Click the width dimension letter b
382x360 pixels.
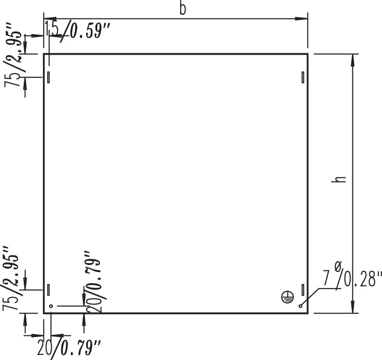coord(182,9)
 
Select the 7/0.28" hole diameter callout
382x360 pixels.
coord(352,279)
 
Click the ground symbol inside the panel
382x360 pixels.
coord(287,297)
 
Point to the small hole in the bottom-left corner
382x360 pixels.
coord(51,306)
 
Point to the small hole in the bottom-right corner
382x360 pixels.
coord(301,306)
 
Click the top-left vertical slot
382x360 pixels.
coord(48,77)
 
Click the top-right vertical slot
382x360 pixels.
coord(302,77)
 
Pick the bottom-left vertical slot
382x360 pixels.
coord(48,290)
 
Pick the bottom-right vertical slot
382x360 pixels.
coord(302,290)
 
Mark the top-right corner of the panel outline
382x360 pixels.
coord(307,54)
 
